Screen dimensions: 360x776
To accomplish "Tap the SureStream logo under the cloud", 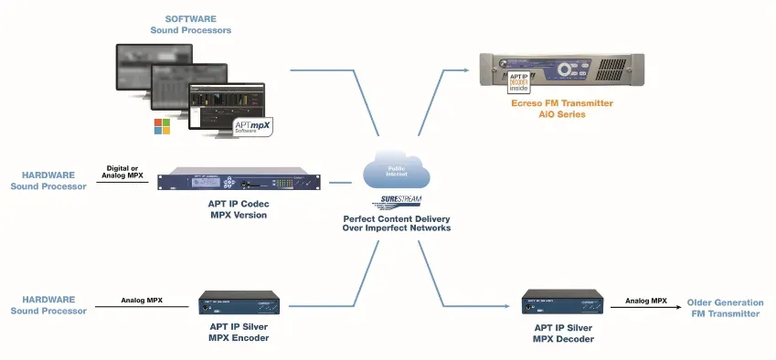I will (x=396, y=203).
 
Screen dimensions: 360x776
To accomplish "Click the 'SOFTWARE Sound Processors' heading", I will (x=190, y=24).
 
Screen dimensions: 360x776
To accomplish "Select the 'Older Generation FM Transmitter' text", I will (x=724, y=308).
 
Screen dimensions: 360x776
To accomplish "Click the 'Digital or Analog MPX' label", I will (x=123, y=171).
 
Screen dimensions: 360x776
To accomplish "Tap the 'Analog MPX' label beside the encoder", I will (x=142, y=300).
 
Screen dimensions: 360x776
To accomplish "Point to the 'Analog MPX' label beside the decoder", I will (x=645, y=300).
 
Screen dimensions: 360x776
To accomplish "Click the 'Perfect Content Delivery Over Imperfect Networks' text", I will (x=397, y=224).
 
